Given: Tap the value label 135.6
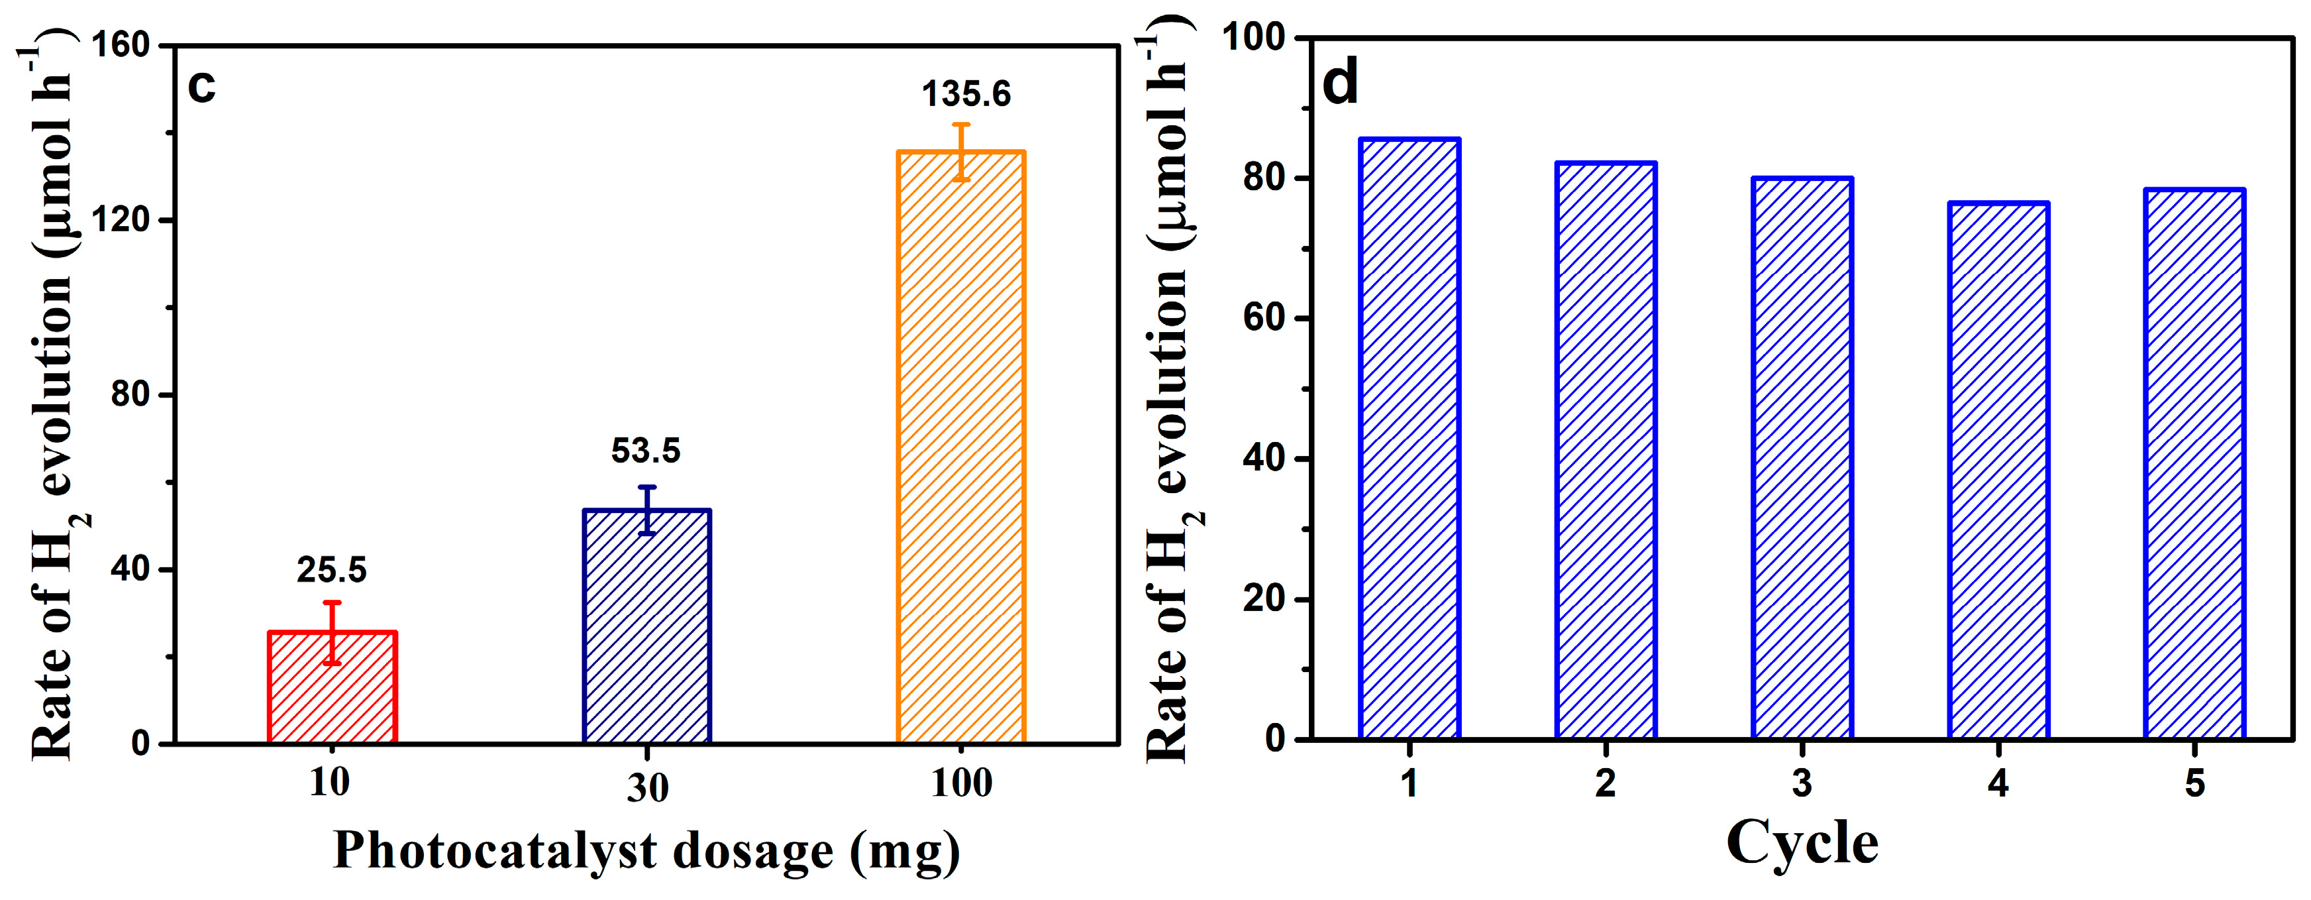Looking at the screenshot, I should [x=966, y=94].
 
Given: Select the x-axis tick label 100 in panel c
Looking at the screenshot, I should [x=961, y=783].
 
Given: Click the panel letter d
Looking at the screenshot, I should [x=1341, y=84].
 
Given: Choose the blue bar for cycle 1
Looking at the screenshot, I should [x=1410, y=439].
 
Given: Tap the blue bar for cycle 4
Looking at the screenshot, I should [x=1998, y=471].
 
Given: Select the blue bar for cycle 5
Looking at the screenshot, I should [x=2194, y=464].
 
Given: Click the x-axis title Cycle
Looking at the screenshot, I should [x=1802, y=844].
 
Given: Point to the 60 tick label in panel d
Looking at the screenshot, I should [x=1265, y=319].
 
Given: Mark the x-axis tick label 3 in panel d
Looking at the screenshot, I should [x=1802, y=783].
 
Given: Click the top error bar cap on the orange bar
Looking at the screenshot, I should [x=961, y=125].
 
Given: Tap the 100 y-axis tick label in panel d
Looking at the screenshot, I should [x=1254, y=38].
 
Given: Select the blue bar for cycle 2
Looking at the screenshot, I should [x=1606, y=451].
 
